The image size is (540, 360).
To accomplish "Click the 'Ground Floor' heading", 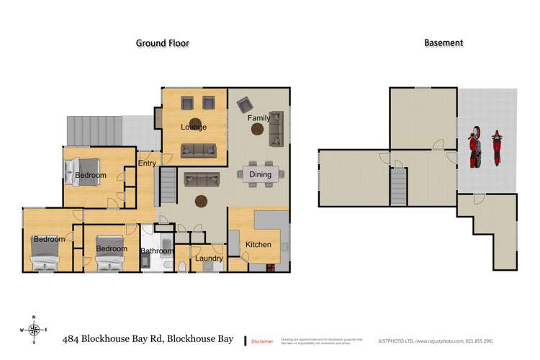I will (163, 43).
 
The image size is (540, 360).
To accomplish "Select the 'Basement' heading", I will (443, 43).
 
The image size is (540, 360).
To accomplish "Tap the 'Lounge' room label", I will (194, 127).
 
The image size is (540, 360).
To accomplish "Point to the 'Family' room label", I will (259, 117).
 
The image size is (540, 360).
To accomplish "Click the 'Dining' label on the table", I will (260, 174).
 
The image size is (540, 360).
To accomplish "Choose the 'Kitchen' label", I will (258, 244).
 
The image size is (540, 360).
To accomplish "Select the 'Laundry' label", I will (208, 258).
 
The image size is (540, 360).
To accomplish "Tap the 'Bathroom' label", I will (156, 251).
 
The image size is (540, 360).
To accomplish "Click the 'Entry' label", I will (147, 163).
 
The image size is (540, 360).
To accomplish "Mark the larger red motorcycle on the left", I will (474, 147).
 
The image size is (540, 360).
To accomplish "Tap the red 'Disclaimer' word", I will (262, 341).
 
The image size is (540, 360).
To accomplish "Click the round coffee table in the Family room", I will (257, 130).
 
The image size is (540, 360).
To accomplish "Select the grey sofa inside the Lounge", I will (198, 150).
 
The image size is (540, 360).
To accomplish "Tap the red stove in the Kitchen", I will (272, 269).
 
